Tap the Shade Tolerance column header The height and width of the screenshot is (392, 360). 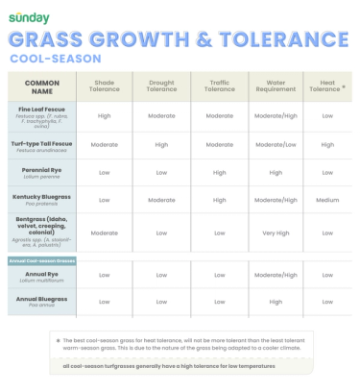point(105,87)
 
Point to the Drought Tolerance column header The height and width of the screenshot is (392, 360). point(161,87)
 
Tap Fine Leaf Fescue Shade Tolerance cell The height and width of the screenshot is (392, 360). point(105,115)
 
